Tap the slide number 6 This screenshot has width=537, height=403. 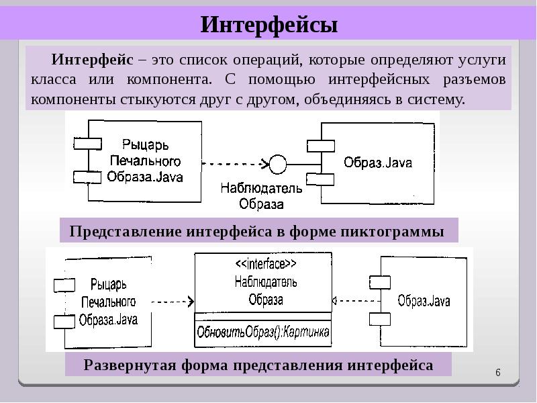pyautogui.click(x=498, y=373)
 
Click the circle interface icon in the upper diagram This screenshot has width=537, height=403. pyautogui.click(x=277, y=163)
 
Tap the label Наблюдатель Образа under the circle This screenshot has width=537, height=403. pyautogui.click(x=261, y=196)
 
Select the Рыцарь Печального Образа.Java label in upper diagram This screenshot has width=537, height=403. pyautogui.click(x=144, y=161)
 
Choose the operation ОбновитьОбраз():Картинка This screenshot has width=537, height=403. pyautogui.click(x=263, y=331)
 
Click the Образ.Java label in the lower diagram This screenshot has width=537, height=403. pyautogui.click(x=423, y=300)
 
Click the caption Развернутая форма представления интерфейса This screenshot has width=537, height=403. pyautogui.click(x=258, y=366)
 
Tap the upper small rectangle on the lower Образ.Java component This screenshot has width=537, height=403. pyautogui.click(x=379, y=283)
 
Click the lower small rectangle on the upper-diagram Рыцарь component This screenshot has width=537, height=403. pyautogui.click(x=87, y=177)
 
